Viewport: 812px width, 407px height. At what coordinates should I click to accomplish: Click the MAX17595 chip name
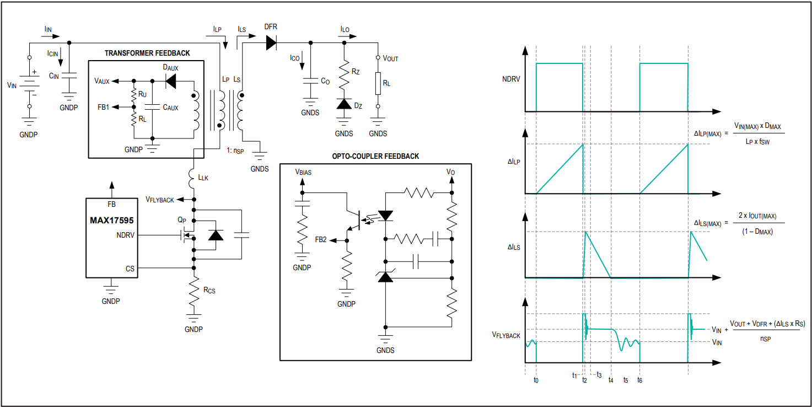112,220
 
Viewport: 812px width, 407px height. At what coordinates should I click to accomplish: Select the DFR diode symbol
271,43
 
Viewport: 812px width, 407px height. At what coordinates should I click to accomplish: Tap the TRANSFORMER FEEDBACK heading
147,53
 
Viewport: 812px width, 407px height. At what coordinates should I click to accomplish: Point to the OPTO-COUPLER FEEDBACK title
375,156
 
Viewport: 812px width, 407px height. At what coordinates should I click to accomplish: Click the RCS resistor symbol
194,291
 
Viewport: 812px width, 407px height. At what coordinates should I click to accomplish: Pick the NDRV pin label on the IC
126,235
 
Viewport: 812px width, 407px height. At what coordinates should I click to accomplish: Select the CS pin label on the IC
130,269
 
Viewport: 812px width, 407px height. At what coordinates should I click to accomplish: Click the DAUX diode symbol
171,81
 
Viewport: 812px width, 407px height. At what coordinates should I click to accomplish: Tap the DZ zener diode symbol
344,104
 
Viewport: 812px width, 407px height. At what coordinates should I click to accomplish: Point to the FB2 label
321,239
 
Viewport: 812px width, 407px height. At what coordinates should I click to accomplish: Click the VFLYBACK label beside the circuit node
160,200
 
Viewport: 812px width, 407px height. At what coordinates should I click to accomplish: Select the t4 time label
611,380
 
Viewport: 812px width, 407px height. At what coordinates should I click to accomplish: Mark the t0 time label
536,380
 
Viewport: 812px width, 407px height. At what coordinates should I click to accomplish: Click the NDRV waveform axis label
511,79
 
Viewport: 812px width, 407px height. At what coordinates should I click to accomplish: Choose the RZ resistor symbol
344,74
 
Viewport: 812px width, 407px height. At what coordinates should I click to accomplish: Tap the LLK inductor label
203,178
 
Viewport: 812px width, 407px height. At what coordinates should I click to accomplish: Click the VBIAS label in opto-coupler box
303,172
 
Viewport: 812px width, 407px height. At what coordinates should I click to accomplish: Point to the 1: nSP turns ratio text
235,150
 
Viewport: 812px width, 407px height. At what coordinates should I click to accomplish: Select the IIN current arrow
51,36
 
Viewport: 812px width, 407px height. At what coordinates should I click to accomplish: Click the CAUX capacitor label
170,108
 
